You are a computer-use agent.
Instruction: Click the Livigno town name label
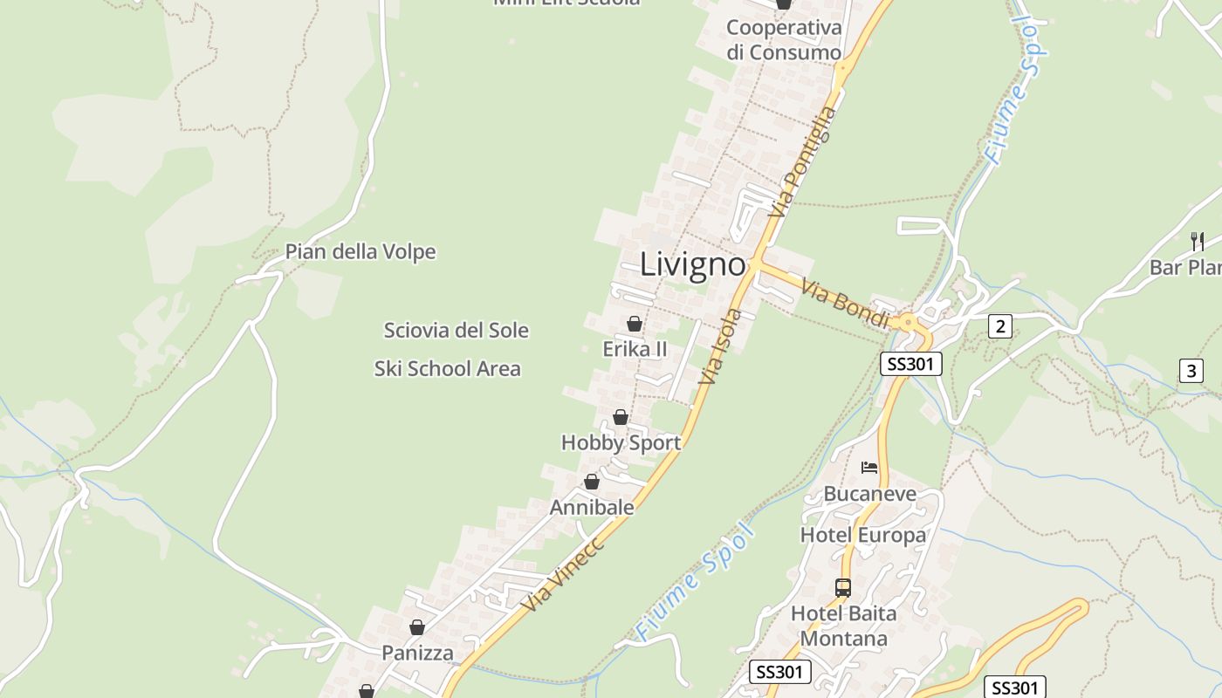(693, 264)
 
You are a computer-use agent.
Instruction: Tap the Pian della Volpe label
(360, 252)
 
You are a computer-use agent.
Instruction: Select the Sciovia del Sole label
(457, 331)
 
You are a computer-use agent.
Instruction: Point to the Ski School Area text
(448, 369)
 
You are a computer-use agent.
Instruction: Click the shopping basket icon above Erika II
(635, 324)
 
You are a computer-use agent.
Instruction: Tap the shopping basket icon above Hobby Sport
(621, 417)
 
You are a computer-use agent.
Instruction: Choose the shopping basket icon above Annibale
(592, 482)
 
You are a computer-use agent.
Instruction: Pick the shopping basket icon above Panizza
(417, 627)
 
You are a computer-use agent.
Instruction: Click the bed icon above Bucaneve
(869, 468)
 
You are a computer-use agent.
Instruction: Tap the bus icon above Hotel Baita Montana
(843, 588)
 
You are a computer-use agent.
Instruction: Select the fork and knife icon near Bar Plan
(1198, 241)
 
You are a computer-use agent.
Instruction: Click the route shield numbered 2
(1000, 327)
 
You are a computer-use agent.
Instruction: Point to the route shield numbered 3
(1191, 371)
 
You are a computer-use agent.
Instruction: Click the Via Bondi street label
(844, 304)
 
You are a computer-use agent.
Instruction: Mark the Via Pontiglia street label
(804, 162)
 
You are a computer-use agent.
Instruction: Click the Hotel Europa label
(863, 535)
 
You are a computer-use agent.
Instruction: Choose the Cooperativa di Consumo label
(784, 40)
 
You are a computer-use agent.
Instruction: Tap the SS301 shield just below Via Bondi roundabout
(910, 364)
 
